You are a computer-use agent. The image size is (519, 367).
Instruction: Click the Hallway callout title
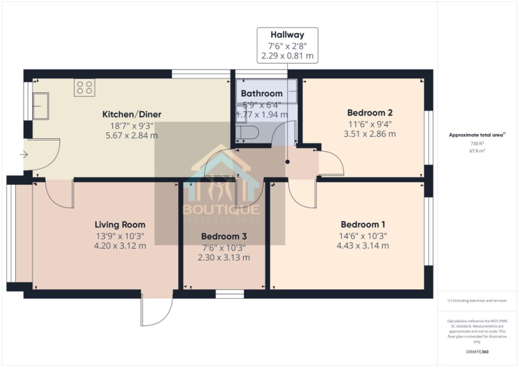[x=287, y=35]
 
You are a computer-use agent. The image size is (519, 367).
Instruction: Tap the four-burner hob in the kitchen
[x=85, y=87]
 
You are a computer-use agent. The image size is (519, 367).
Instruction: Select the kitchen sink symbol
[x=40, y=106]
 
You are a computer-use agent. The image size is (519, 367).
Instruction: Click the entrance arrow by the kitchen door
[x=24, y=155]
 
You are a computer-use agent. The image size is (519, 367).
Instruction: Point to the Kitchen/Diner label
[x=132, y=114]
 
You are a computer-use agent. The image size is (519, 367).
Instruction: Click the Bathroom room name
[x=262, y=93]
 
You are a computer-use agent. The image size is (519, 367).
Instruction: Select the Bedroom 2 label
[x=370, y=113]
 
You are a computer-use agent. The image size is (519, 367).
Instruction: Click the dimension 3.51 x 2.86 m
[x=370, y=134]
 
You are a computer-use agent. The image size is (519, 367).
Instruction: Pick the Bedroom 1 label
[x=363, y=225]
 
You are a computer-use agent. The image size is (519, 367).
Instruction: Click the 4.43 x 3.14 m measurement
[x=363, y=246]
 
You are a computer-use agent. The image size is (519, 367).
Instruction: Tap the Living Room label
[x=120, y=225]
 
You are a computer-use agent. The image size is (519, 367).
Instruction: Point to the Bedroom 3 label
[x=224, y=237]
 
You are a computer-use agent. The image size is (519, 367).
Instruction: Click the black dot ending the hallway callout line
[x=288, y=162]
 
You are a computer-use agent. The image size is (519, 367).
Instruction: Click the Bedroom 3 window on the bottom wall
[x=230, y=294]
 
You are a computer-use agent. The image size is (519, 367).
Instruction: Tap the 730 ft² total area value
[x=477, y=144]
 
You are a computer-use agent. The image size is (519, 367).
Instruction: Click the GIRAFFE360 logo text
[x=477, y=352]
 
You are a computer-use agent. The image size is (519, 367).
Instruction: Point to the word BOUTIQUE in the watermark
[x=222, y=210]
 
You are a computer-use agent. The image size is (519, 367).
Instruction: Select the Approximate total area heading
[x=477, y=135]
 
